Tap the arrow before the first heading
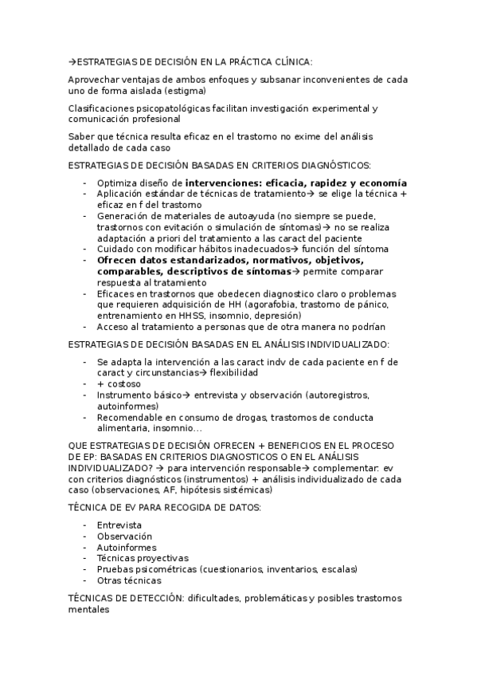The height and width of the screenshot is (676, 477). click(x=71, y=61)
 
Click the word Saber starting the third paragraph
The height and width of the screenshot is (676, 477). click(x=81, y=136)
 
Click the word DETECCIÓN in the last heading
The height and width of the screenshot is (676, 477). click(x=141, y=598)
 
